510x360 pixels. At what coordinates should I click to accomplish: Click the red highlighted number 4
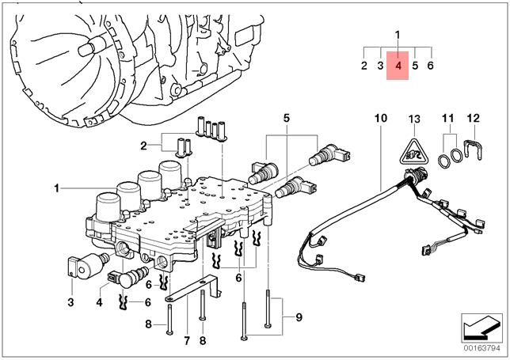[x=398, y=66]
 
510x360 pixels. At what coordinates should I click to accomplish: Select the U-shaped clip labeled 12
[x=474, y=150]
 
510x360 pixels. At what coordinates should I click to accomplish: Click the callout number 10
[x=381, y=118]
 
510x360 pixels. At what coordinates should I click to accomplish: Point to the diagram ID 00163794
[x=481, y=348]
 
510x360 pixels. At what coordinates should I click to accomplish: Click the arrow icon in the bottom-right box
[x=481, y=328]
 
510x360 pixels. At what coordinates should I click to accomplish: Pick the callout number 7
[x=187, y=340]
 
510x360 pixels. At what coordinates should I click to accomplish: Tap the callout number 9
[x=299, y=316]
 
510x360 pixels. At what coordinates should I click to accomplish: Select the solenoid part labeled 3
[x=87, y=265]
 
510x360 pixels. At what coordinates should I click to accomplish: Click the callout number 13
[x=414, y=119]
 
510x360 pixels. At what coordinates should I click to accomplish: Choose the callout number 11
[x=448, y=118]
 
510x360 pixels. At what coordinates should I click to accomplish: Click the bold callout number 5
[x=286, y=118]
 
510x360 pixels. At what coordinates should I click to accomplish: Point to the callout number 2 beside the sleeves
[x=143, y=146]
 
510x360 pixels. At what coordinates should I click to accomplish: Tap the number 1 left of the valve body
[x=57, y=188]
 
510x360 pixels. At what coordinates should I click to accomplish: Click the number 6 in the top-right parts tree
[x=430, y=66]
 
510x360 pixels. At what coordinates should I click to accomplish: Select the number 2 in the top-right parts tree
[x=364, y=66]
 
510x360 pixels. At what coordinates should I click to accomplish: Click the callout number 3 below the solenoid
[x=70, y=302]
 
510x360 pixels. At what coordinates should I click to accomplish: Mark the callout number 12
[x=474, y=118]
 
